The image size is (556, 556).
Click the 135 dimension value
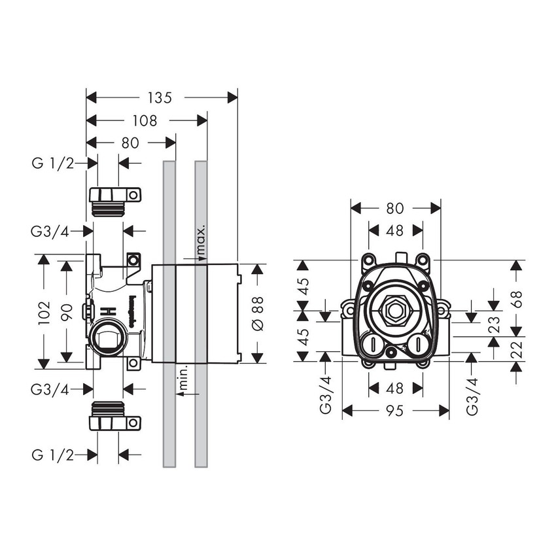(x=159, y=97)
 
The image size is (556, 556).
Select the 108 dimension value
(x=145, y=120)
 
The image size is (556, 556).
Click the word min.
(x=184, y=381)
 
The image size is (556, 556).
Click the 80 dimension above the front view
(x=395, y=208)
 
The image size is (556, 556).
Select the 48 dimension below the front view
(x=395, y=389)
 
